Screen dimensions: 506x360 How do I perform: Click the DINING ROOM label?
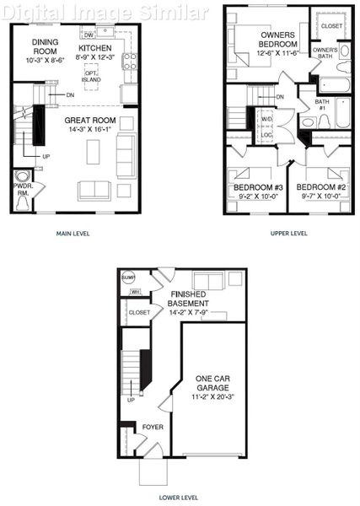[x=43, y=46]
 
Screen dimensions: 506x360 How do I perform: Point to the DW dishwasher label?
[x=89, y=35]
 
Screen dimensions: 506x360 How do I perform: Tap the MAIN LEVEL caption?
[x=73, y=234]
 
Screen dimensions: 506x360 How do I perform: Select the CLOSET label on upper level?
[x=331, y=26]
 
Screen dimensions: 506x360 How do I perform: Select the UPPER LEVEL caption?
[x=288, y=234]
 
